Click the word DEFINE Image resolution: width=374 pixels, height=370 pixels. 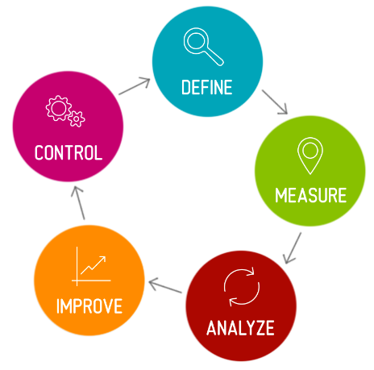pos(207,87)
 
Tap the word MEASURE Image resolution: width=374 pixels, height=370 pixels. pos(311,195)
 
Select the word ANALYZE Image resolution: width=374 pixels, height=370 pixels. pos(240,327)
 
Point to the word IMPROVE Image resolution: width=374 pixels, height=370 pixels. pos(89,306)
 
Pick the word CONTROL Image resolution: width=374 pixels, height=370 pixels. pos(69,152)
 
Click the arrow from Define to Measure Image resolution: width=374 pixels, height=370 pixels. pos(275,102)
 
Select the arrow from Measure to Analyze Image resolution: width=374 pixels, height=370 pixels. pos(293,248)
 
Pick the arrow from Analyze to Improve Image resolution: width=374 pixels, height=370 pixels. pos(165,286)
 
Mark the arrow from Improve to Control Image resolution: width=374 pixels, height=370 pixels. pos(78,203)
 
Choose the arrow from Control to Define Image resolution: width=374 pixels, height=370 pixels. pos(135,86)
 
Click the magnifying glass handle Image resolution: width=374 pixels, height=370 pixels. pos(214,56)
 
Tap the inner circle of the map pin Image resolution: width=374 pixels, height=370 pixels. pos(310,151)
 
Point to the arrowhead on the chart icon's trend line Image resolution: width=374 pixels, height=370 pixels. pos(103,259)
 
